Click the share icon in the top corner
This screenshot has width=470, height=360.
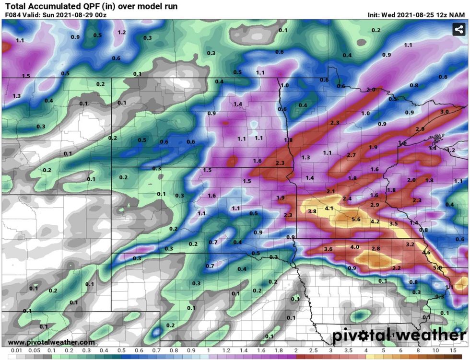point(459,29)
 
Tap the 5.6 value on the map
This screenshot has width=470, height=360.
point(356,219)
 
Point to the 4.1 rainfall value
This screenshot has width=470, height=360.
point(329,209)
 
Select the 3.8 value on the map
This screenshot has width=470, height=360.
point(312,211)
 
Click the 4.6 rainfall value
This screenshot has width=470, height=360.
point(426,252)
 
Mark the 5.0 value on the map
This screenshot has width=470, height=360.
point(437,267)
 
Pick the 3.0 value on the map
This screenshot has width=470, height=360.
point(445,112)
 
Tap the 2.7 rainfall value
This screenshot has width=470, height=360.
point(351,155)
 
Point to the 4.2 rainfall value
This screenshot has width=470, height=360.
point(376,222)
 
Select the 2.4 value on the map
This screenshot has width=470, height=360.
point(347,198)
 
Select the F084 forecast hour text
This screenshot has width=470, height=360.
point(13,15)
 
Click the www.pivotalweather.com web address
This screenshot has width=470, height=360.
point(51,342)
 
